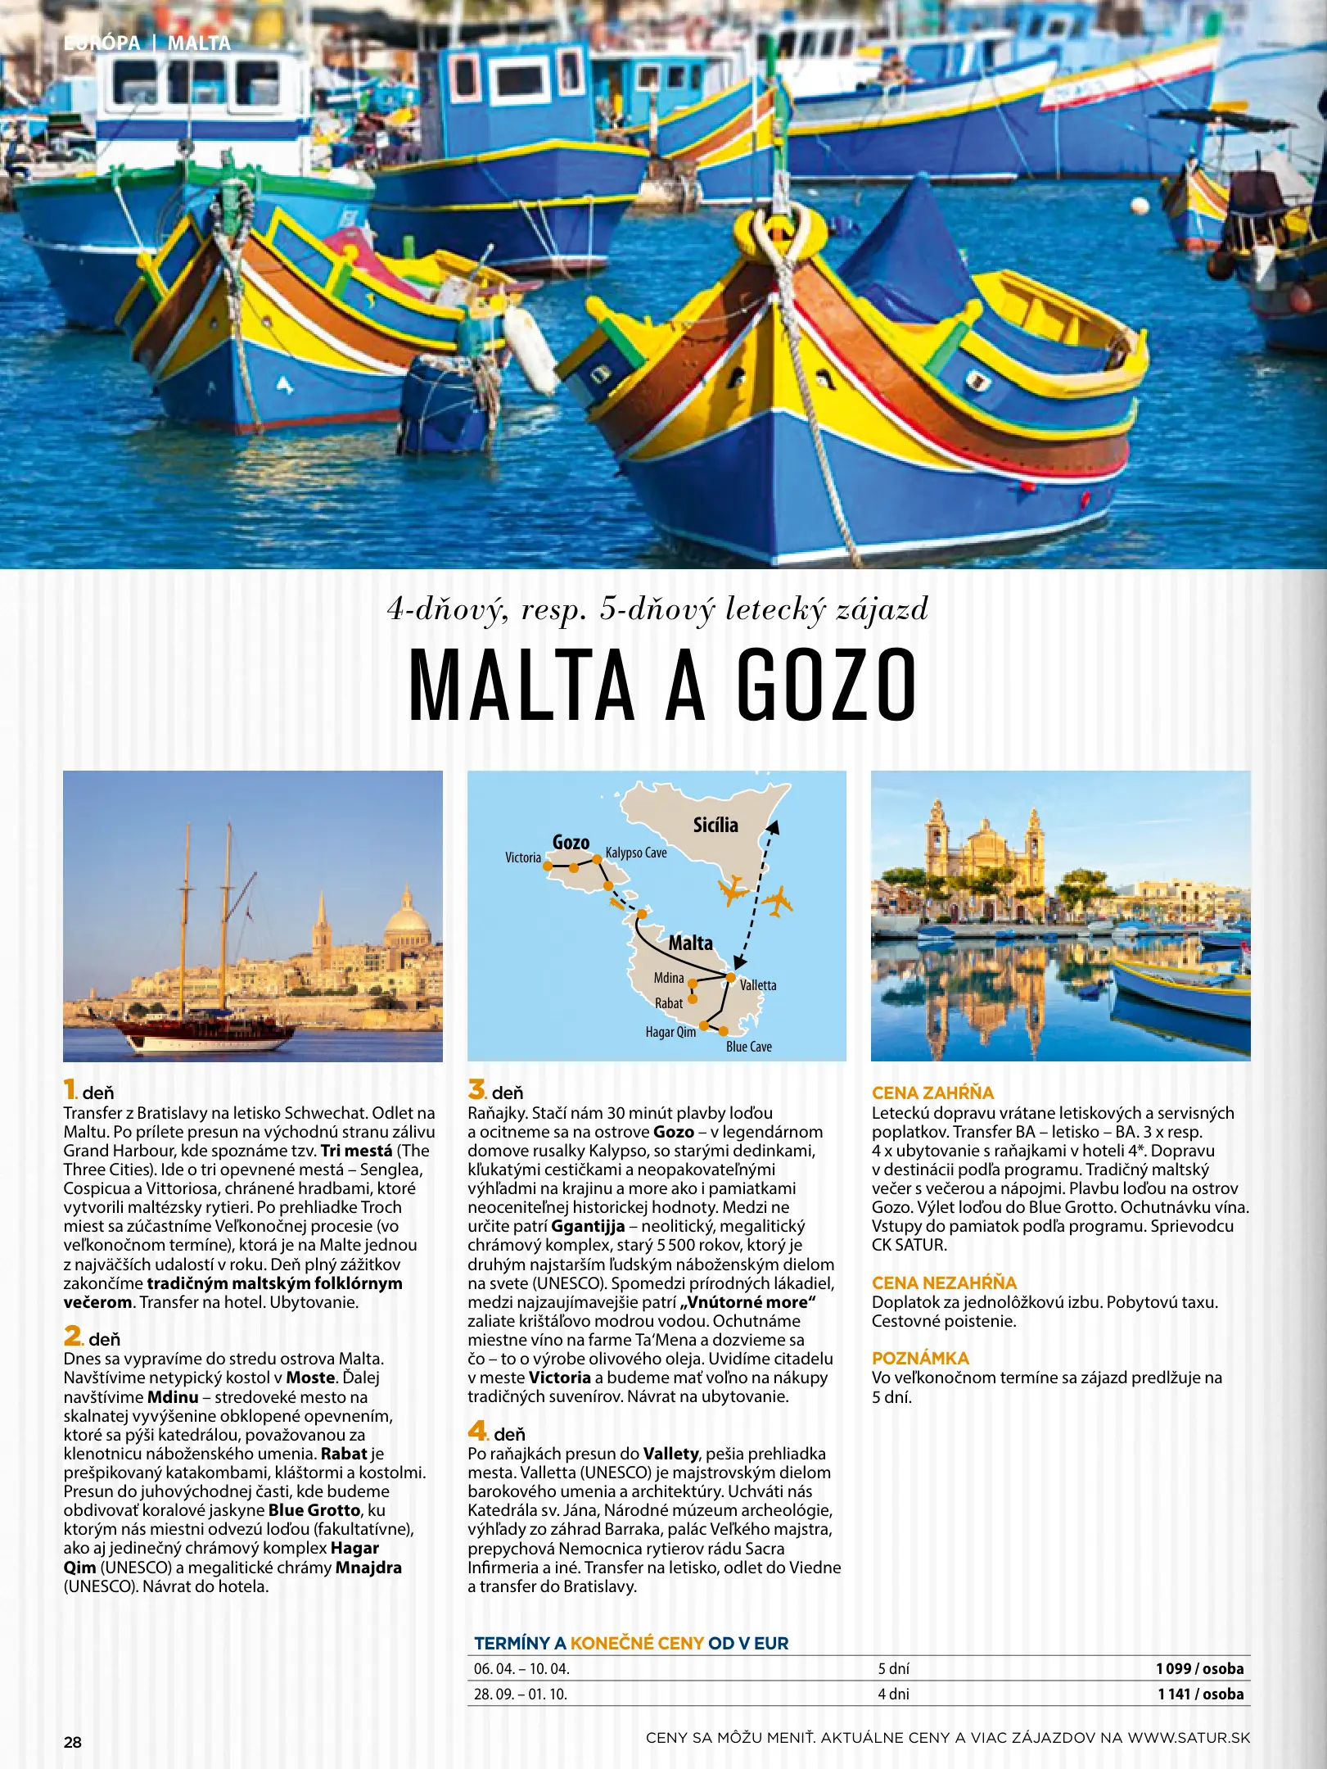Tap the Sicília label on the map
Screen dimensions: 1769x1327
tap(715, 825)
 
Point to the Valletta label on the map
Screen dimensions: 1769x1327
tap(758, 985)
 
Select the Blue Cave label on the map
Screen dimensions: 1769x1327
tap(748, 1047)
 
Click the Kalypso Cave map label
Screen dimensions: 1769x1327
tap(636, 853)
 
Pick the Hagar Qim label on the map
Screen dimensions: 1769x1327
tap(670, 1032)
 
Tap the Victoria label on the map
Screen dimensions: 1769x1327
tap(523, 857)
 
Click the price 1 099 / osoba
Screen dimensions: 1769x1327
tap(1199, 1668)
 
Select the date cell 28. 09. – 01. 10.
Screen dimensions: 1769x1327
tap(521, 1694)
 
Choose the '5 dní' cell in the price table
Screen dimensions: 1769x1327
tap(893, 1668)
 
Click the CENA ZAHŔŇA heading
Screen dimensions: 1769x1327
tap(932, 1093)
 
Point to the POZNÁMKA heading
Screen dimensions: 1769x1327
tap(920, 1358)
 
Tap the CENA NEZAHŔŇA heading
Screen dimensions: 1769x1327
tap(944, 1283)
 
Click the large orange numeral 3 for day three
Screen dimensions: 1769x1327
tap(476, 1089)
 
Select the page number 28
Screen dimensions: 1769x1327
tap(73, 1742)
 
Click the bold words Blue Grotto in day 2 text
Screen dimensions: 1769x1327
tap(314, 1509)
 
